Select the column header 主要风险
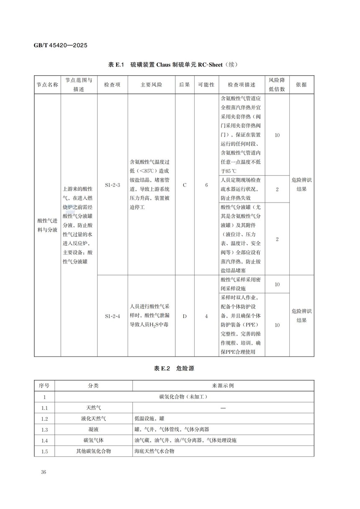pyautogui.click(x=151, y=85)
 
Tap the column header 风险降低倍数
pyautogui.click(x=277, y=85)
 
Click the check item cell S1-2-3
pyautogui.click(x=112, y=185)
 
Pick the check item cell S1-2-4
pyautogui.click(x=112, y=316)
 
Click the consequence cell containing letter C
pyautogui.click(x=185, y=185)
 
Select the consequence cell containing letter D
pyautogui.click(x=185, y=316)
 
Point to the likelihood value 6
pyautogui.click(x=206, y=185)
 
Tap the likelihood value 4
pyautogui.click(x=206, y=316)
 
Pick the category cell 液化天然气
pyautogui.click(x=94, y=419)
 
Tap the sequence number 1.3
pyautogui.click(x=45, y=429)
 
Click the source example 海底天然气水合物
pyautogui.click(x=154, y=451)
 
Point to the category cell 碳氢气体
pyautogui.click(x=94, y=440)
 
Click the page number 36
pyautogui.click(x=44, y=473)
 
